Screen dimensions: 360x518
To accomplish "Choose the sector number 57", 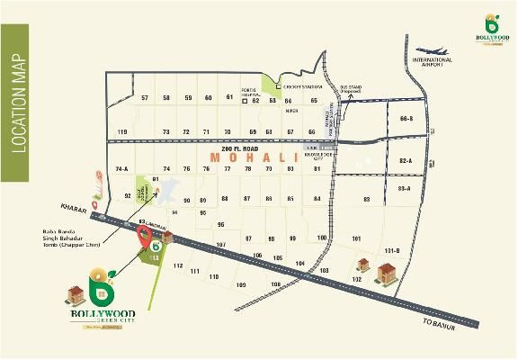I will click(144, 98).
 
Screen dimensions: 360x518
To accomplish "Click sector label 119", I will click(122, 132).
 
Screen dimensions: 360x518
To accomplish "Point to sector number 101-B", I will click(391, 250).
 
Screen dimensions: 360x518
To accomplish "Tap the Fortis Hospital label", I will click(251, 93).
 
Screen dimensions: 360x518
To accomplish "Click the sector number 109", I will click(241, 285).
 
